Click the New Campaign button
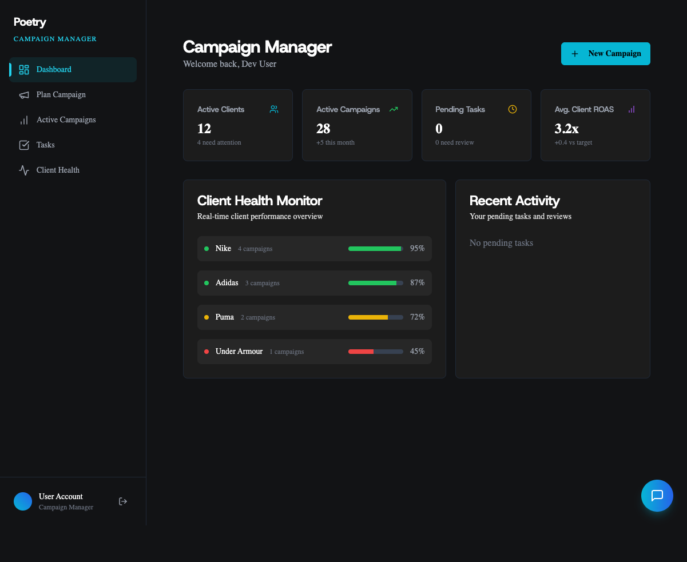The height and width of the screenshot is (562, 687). click(x=605, y=54)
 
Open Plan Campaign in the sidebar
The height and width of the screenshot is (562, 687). click(x=61, y=95)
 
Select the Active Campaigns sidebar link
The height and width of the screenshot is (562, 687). click(x=66, y=120)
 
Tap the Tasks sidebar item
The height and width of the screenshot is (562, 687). click(x=45, y=145)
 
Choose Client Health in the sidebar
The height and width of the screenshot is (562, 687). click(x=58, y=170)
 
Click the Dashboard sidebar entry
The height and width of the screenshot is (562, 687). click(x=54, y=70)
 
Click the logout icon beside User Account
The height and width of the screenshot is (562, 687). click(x=123, y=501)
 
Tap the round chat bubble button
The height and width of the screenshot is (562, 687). click(x=657, y=496)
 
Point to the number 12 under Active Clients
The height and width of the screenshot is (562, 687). click(x=204, y=129)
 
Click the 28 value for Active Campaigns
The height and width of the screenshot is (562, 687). click(x=323, y=129)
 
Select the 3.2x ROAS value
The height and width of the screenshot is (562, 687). click(x=566, y=129)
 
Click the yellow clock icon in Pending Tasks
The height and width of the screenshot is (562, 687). click(x=513, y=109)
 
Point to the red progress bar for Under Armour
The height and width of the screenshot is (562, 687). click(x=361, y=352)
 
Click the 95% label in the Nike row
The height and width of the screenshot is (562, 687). click(x=417, y=249)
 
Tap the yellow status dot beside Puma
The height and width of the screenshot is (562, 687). click(x=207, y=317)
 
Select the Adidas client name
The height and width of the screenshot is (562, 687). click(x=227, y=283)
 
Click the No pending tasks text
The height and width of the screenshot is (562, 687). click(x=501, y=243)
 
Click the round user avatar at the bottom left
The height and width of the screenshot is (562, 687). click(x=23, y=501)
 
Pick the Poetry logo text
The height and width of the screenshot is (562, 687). click(x=30, y=22)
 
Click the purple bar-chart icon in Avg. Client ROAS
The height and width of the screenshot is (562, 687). click(x=632, y=109)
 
